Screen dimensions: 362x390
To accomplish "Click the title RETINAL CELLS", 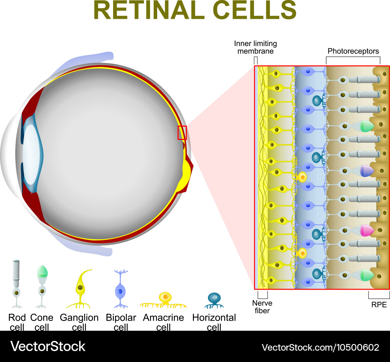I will point(195,11).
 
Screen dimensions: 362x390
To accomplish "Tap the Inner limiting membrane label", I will point(256,47).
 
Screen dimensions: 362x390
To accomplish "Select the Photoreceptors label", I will point(353,51).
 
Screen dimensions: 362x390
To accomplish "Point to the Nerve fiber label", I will point(262,307).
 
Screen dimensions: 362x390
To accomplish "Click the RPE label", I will point(379,305).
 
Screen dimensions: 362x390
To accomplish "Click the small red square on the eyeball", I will point(182,133).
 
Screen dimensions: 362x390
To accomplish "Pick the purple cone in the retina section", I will point(366,170).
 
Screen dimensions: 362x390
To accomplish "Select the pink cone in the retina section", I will point(366,230).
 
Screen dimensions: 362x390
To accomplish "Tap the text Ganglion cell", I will point(79,322).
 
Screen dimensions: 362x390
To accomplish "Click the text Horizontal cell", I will point(214,322).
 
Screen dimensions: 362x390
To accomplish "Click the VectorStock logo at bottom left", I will point(48,346).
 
